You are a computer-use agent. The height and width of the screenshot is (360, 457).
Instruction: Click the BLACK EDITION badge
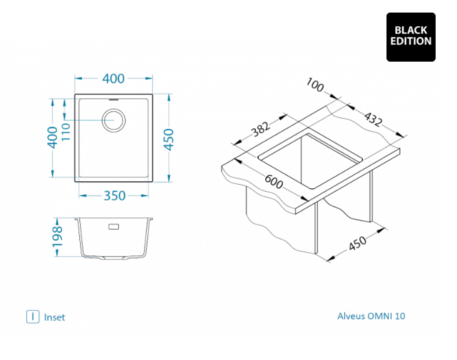point(411,36)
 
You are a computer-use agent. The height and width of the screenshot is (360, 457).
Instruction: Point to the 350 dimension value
point(114,196)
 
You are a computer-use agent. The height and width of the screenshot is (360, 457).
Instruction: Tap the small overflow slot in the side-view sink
point(114,226)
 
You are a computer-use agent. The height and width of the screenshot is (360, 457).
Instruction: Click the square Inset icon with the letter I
point(33,316)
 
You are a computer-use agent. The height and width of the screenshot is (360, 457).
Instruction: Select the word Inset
point(55,317)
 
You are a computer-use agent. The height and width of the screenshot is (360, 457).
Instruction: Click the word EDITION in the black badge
point(411,42)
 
